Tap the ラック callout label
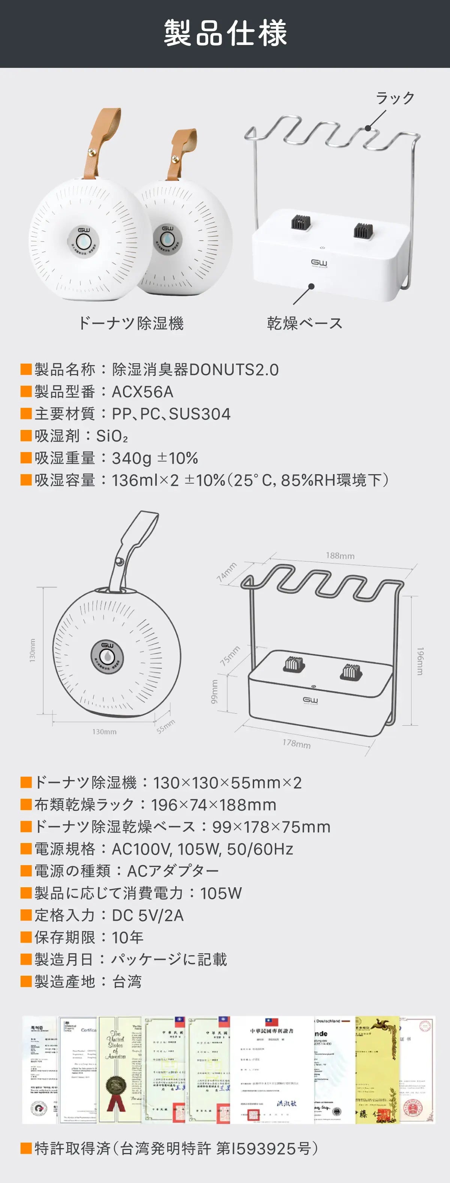[x=395, y=98]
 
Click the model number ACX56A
[x=142, y=392]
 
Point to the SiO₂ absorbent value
[x=112, y=436]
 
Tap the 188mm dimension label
[x=340, y=556]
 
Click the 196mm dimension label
[x=420, y=661]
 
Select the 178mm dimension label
[x=297, y=743]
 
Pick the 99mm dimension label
[x=214, y=692]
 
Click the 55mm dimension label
[x=165, y=726]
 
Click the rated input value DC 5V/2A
[x=147, y=915]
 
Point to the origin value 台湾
[x=126, y=981]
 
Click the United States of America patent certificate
[x=120, y=1069]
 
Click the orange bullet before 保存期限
[x=26, y=937]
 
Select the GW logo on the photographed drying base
[x=319, y=263]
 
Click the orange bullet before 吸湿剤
[x=26, y=436]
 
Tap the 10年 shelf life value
[x=127, y=937]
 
